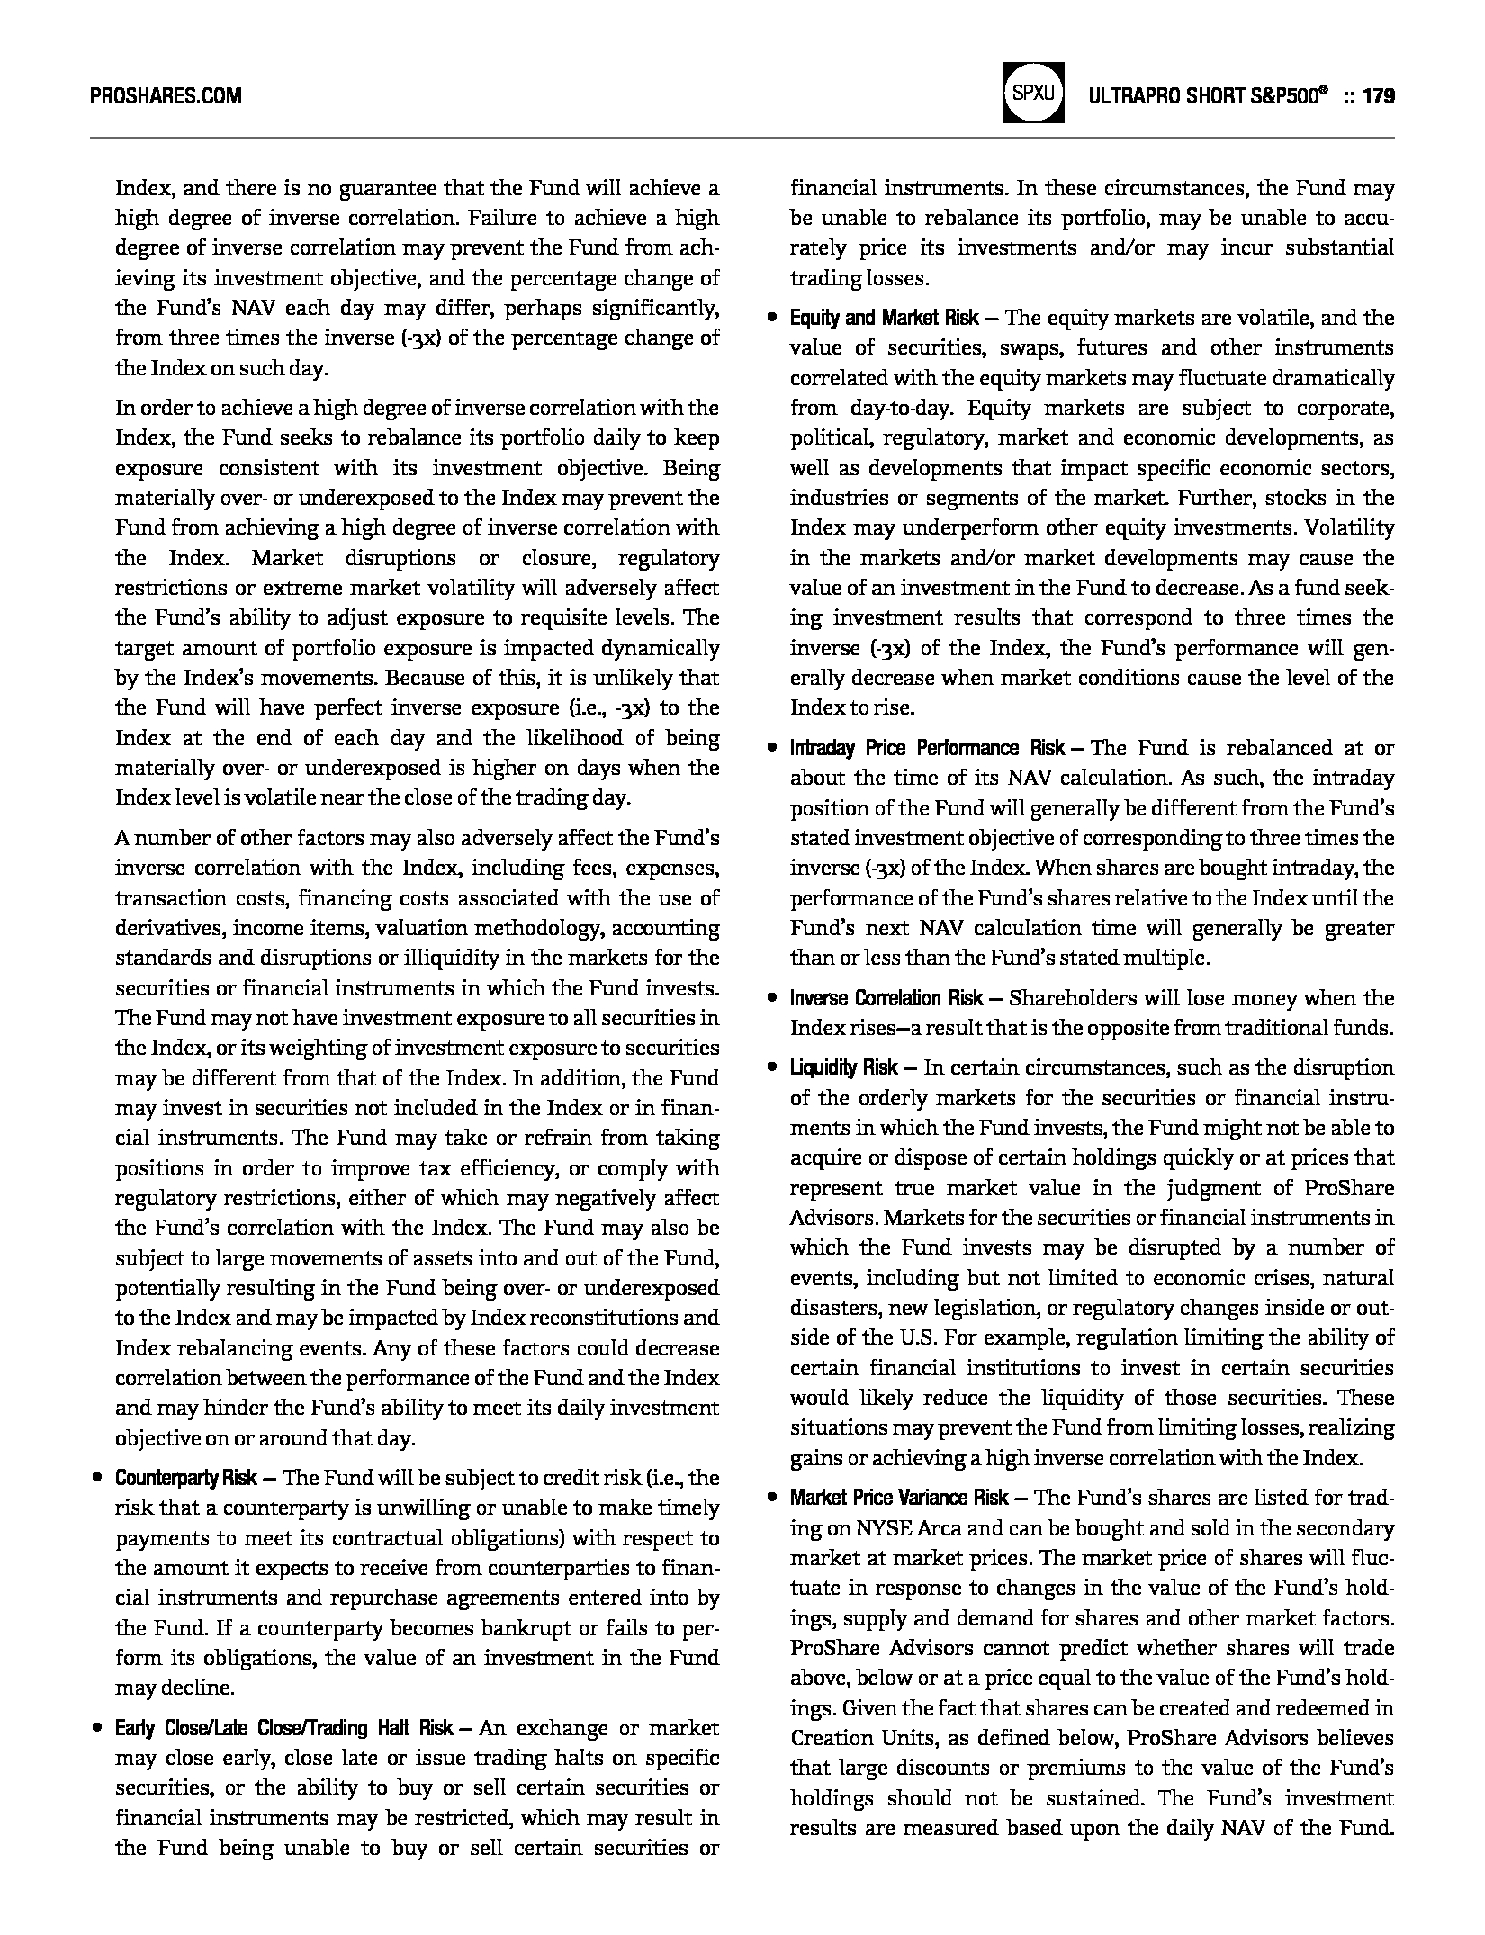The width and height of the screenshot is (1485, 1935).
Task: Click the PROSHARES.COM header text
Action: tap(166, 96)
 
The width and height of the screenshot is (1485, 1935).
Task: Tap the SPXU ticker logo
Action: tap(1033, 93)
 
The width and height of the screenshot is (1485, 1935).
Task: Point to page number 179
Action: tap(1379, 96)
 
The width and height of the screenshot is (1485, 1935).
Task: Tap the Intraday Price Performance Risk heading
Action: tap(927, 748)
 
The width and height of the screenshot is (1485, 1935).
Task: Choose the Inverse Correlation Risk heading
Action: tap(886, 998)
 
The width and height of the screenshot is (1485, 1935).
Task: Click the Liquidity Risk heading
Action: tap(843, 1067)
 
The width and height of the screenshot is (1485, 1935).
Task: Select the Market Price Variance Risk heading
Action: tap(899, 1498)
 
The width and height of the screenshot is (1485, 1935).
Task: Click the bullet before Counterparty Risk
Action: tap(95, 1478)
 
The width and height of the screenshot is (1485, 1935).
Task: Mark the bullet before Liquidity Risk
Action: tap(771, 1067)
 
